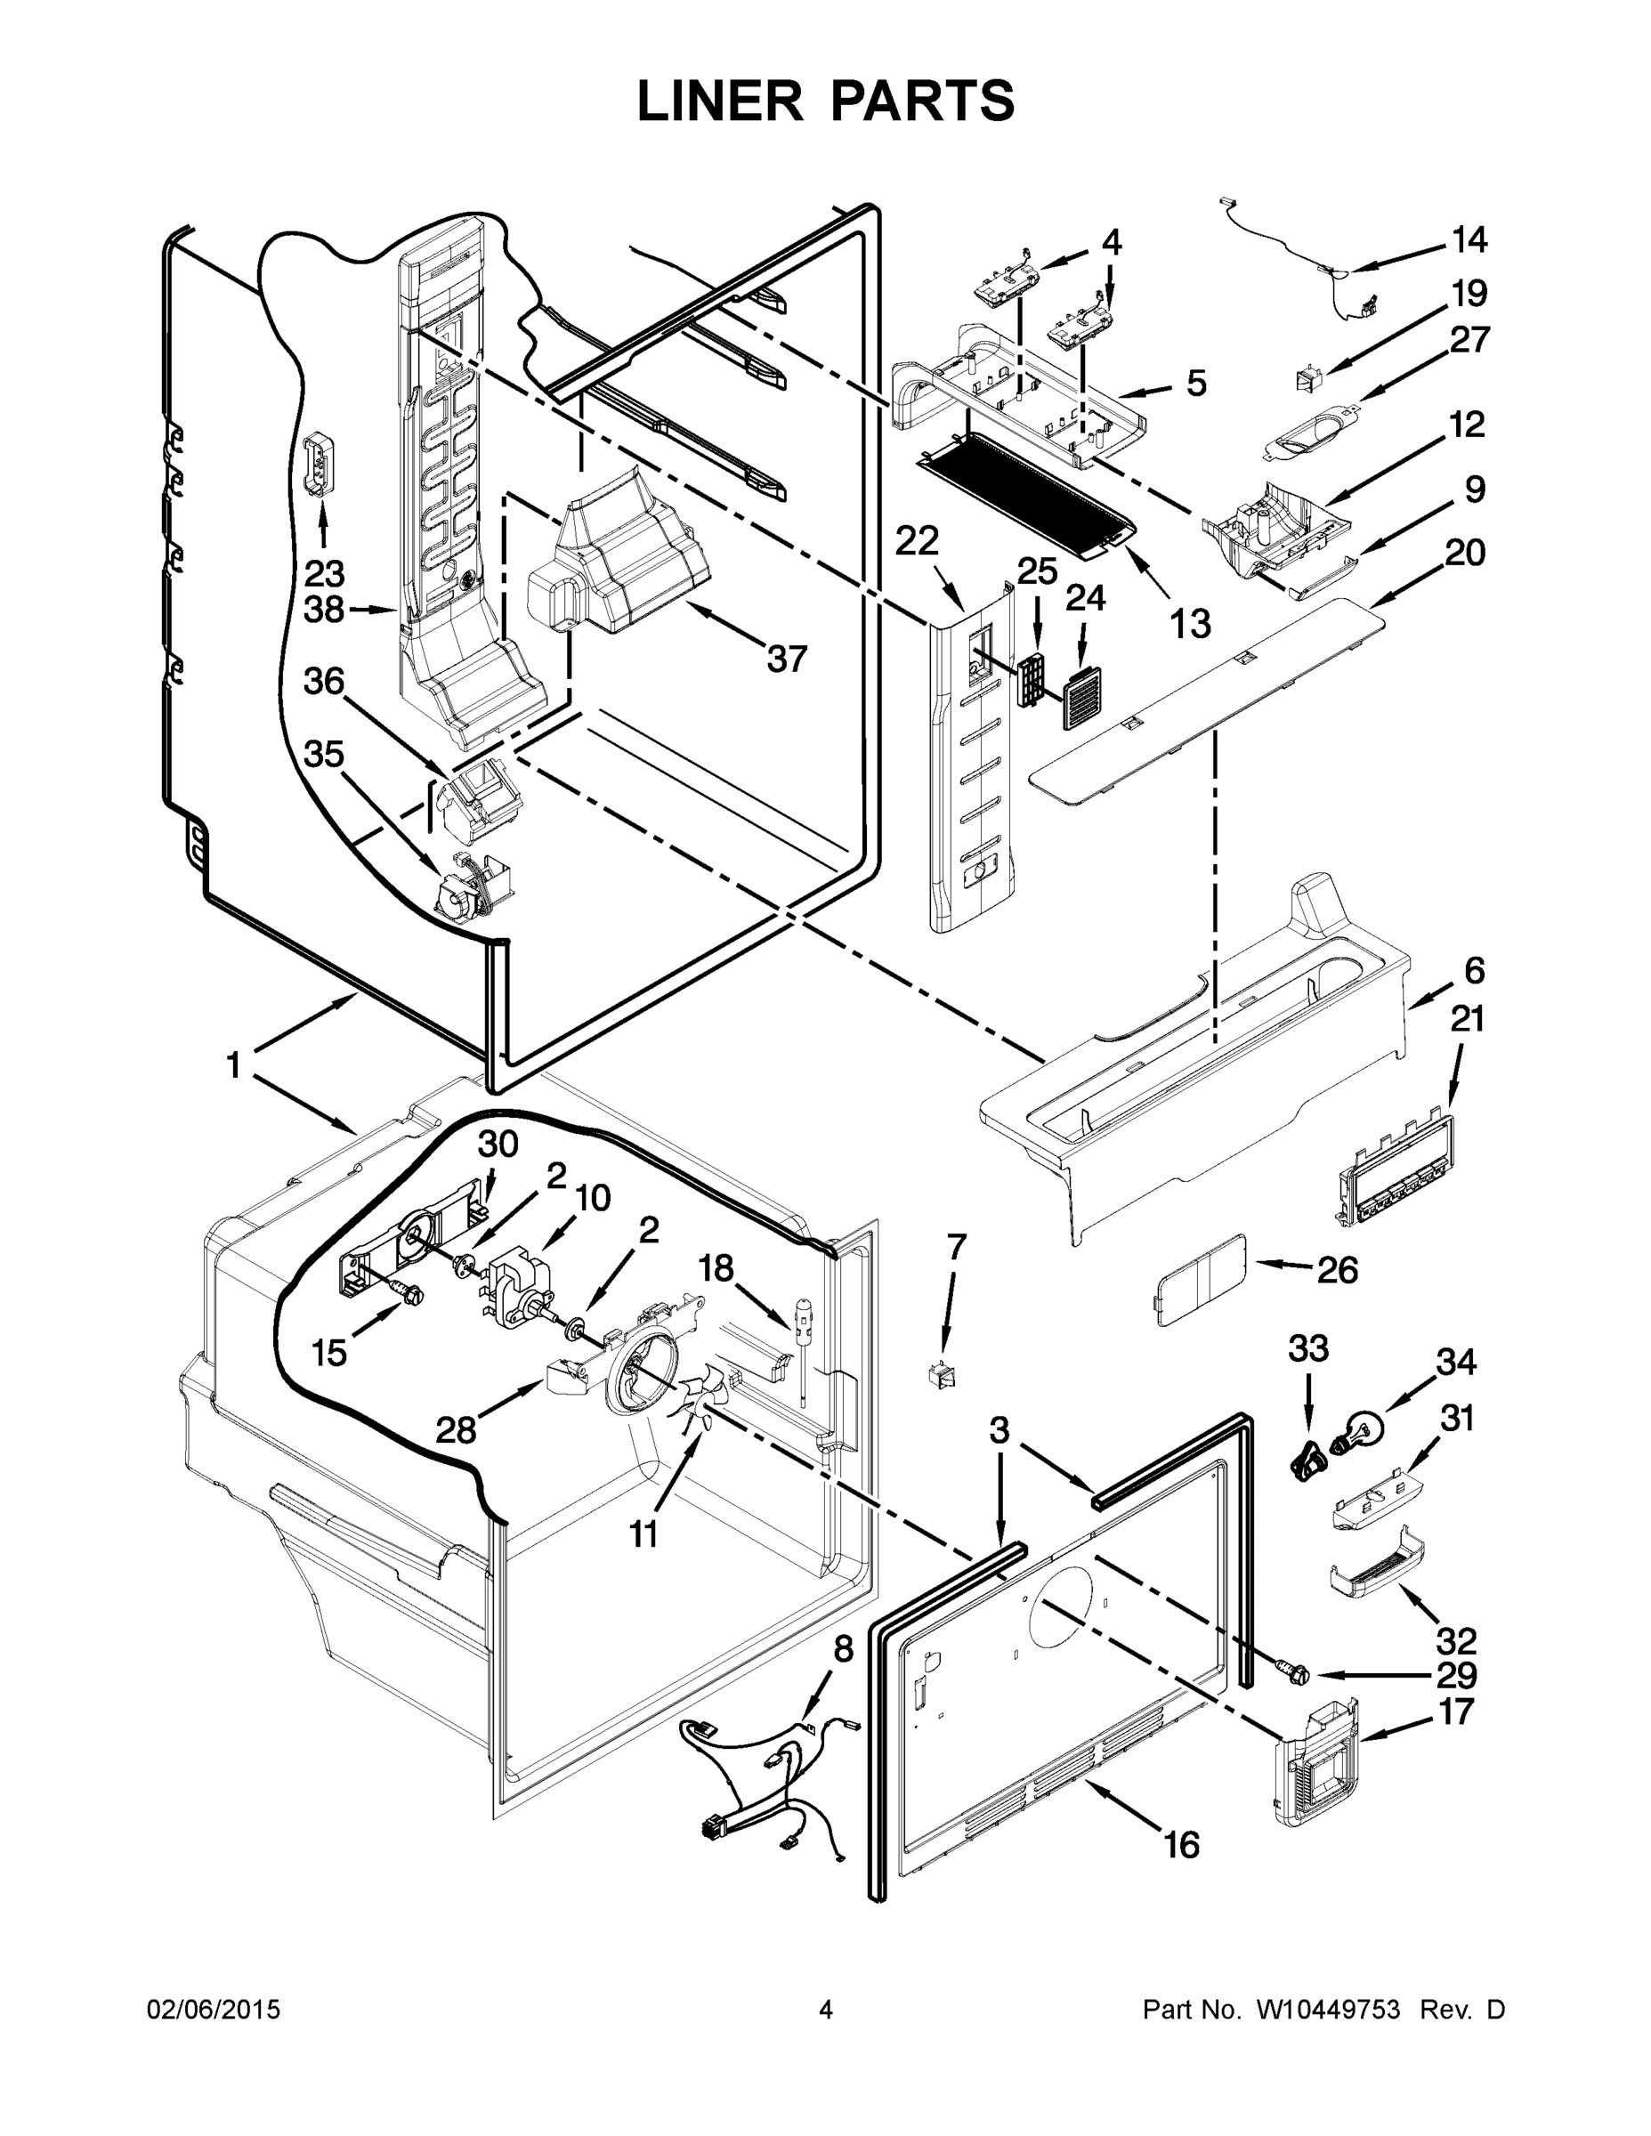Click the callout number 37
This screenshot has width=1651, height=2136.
tap(787, 659)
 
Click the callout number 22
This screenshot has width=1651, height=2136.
tap(917, 541)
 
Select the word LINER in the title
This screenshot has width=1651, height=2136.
tap(718, 101)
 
